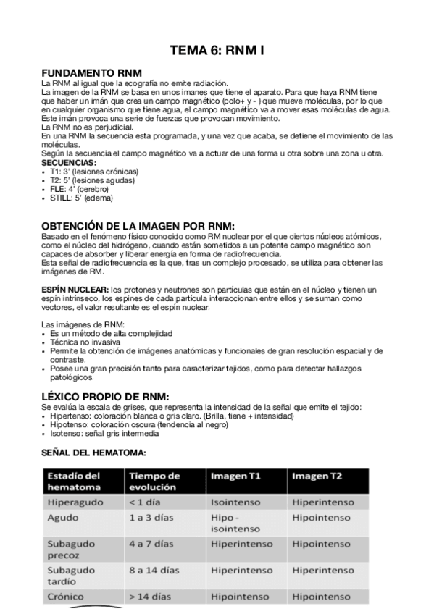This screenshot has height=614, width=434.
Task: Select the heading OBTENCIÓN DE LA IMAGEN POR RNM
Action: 138,225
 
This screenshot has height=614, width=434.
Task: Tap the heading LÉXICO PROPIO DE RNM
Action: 105,397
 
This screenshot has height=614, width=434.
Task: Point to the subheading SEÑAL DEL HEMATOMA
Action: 93,453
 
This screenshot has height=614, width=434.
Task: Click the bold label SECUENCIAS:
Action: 69,163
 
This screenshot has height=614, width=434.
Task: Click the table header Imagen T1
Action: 236,476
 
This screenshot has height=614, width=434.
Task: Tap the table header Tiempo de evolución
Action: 154,481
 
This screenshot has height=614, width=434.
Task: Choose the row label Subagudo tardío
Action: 71,576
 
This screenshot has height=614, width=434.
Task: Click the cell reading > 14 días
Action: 150,597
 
